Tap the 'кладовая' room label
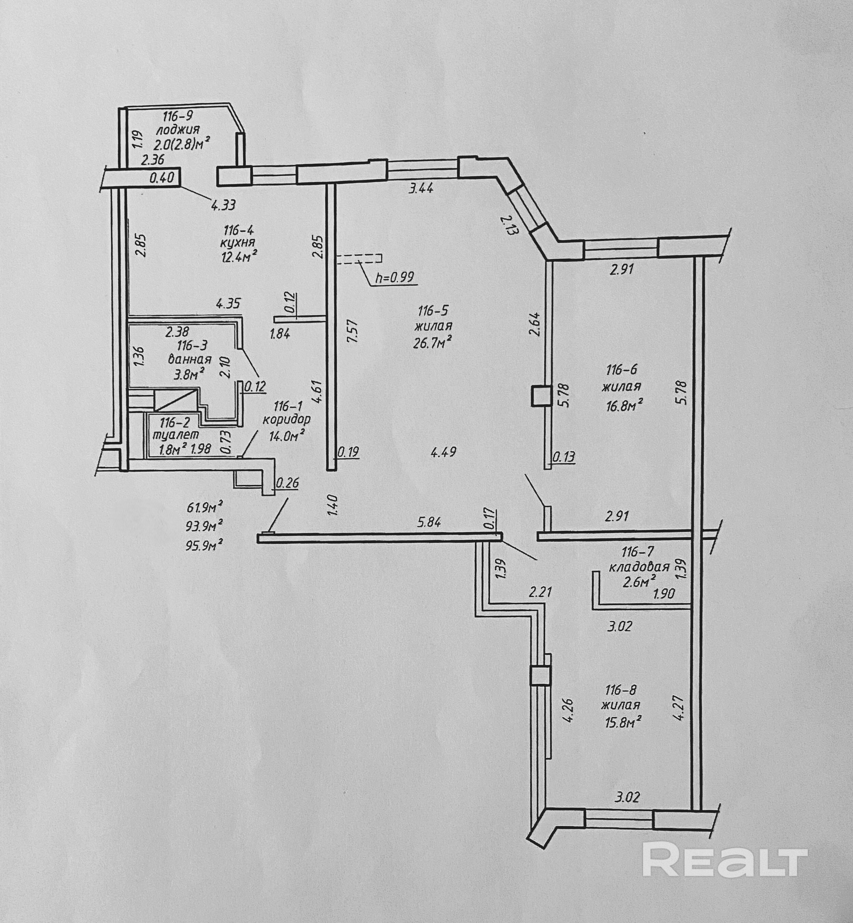[x=639, y=567]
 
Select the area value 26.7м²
[x=432, y=342]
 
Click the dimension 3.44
[x=421, y=188]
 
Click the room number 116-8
[x=621, y=690]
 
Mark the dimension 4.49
[x=443, y=451]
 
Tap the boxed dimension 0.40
[x=162, y=177]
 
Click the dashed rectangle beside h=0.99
[x=359, y=259]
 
